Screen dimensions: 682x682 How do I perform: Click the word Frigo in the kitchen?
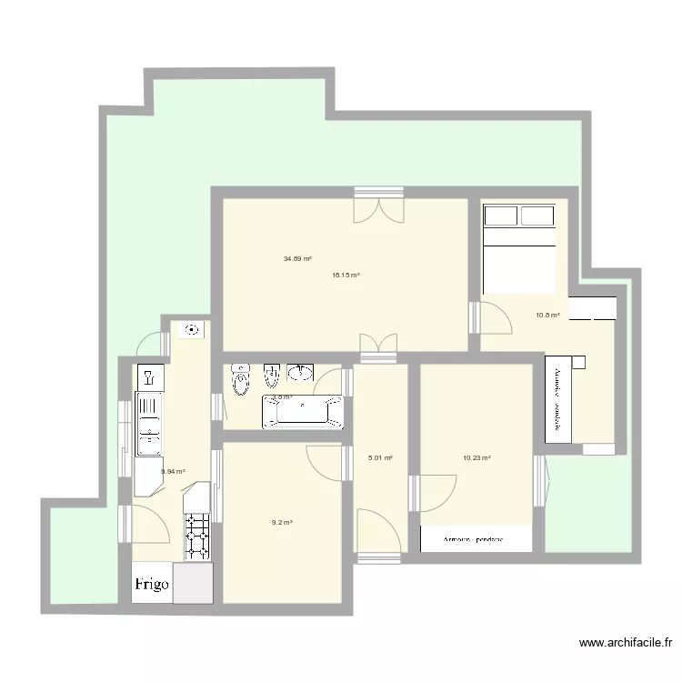(x=153, y=585)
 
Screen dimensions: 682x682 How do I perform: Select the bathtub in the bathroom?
(x=303, y=411)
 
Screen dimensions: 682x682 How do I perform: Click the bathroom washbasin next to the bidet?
(x=300, y=373)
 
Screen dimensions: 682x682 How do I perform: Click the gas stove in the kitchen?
(x=197, y=537)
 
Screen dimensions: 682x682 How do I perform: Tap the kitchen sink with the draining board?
(x=149, y=423)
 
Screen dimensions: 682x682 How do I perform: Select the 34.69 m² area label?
(x=297, y=259)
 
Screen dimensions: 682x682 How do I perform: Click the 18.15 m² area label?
(x=346, y=275)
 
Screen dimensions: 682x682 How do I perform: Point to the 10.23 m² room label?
(x=476, y=458)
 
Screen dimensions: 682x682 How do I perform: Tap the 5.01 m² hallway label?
(x=380, y=458)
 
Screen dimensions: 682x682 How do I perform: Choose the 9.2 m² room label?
(x=281, y=522)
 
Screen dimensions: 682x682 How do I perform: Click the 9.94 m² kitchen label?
(x=173, y=471)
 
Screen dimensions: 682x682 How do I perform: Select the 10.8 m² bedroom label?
(x=547, y=316)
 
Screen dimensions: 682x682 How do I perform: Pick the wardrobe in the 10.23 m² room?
(x=476, y=539)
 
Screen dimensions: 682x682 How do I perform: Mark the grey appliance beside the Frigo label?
(x=193, y=583)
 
